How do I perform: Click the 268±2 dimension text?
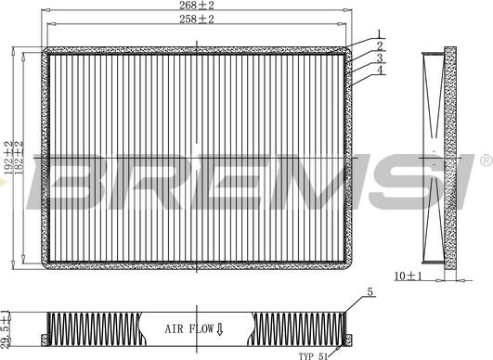(197, 5)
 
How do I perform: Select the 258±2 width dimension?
(197, 19)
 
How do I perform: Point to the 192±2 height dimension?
(8, 158)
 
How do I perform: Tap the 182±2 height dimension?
(19, 158)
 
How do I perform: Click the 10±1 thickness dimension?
(408, 276)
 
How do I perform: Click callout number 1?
(379, 34)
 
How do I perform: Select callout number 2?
(380, 46)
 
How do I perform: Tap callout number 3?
(380, 58)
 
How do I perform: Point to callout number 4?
(380, 70)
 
